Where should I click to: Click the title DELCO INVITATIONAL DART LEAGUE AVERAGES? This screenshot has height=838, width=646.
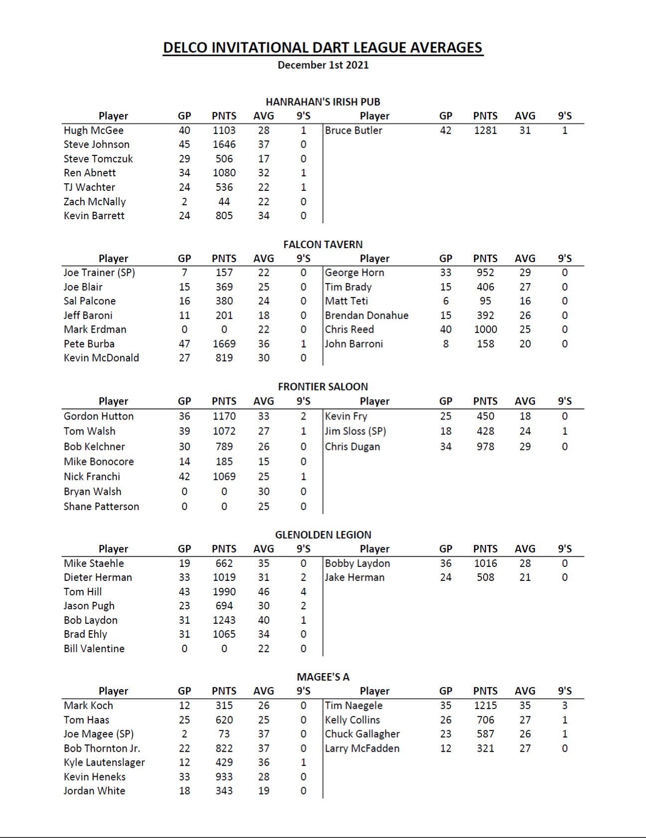pos(323,48)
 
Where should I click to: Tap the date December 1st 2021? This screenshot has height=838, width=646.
pos(323,65)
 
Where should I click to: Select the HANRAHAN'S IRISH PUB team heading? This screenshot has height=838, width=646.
pos(323,102)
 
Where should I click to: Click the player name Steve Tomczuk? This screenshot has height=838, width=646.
pos(98,159)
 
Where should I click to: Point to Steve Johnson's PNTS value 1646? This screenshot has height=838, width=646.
pos(224,144)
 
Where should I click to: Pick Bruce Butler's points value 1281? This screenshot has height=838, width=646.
pos(485,131)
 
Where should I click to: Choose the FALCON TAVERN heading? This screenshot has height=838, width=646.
pos(323,245)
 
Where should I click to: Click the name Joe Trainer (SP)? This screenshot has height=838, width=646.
pos(99,273)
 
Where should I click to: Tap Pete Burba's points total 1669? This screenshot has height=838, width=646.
pos(224,344)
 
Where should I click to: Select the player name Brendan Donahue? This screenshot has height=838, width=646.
pos(366,315)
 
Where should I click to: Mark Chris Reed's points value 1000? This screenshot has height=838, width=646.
pos(485,329)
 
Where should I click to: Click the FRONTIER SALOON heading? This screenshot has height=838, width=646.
pos(323,387)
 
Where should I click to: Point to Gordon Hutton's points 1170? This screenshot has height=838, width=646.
pos(224,416)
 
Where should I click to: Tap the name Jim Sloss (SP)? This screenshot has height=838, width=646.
pos(355,431)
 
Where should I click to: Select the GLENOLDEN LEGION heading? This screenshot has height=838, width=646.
pos(323,535)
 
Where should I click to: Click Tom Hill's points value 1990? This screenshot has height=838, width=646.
pos(224,592)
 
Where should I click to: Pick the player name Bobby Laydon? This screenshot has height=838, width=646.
pos(357,563)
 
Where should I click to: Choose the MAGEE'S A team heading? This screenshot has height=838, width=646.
pos(323,677)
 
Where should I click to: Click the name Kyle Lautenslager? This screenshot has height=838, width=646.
pos(104,762)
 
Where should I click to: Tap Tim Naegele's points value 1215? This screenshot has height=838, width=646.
pos(485,705)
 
